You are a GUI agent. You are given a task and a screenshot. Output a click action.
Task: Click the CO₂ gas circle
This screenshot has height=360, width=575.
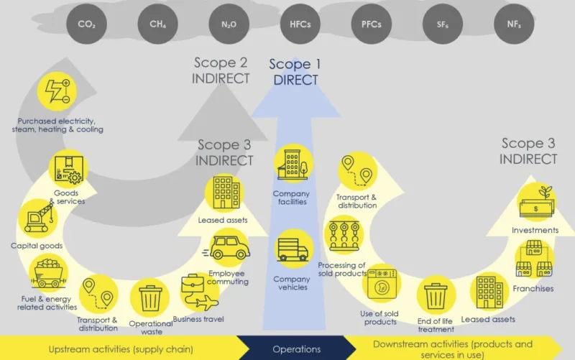coord(86,24)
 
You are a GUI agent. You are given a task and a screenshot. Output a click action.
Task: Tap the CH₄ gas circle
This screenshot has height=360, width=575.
coord(157,24)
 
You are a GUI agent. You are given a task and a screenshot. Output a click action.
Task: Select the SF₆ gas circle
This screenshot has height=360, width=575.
coord(443,24)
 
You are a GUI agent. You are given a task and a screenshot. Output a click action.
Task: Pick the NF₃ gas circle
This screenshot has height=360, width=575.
coord(514,24)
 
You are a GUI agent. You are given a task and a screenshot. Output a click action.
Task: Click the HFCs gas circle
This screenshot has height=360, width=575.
coord(300,24)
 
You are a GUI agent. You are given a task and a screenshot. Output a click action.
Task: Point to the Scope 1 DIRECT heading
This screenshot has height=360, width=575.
coord(295,72)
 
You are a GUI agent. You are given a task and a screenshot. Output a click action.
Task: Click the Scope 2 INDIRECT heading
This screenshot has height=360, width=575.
coord(221,70)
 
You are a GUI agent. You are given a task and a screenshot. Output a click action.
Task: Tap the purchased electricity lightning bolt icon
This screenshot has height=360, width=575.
coord(57,91)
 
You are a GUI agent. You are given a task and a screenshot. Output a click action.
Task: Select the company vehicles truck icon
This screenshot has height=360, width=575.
coord(293,249)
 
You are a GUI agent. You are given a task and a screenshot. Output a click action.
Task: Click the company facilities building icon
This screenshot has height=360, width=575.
coord(293,164)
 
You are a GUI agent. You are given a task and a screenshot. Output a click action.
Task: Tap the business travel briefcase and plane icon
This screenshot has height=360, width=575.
coord(199,292)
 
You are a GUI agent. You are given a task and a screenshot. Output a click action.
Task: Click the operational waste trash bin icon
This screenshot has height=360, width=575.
coord(150,297)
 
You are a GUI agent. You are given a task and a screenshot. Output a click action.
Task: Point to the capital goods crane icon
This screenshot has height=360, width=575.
coord(38,218)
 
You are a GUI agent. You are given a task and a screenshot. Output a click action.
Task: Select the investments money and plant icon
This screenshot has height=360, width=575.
coord(536,202)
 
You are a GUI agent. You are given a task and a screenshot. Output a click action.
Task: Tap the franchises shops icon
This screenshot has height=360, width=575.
coord(534,259)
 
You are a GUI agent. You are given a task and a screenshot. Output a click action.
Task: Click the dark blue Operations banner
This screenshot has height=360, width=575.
coord(296,348)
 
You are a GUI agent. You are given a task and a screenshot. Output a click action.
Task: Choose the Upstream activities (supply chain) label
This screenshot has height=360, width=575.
coord(121,349)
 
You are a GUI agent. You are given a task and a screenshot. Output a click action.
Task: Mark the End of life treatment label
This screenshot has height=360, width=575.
coord(436,326)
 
